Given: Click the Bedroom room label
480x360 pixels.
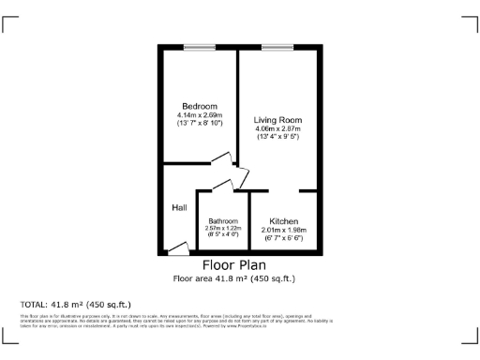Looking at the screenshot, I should point(200,106).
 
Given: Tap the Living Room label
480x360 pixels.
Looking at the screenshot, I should point(277,120).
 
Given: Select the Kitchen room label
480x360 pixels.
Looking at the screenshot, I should point(284,221).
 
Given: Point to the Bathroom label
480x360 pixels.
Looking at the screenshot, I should point(222,221).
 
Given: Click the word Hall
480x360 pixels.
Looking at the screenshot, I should point(179,207).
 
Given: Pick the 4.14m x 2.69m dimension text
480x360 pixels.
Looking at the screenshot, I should point(200,115).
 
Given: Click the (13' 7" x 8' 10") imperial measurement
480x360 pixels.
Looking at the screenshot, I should point(200,124).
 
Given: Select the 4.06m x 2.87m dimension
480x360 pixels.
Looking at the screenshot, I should point(277,129).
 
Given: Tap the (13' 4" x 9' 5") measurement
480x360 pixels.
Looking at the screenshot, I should point(277,138).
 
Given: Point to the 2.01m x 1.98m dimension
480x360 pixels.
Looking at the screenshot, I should point(284,231).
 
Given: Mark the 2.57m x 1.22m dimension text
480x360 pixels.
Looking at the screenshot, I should point(222,229).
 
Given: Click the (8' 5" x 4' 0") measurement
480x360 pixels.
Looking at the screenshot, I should point(222,236).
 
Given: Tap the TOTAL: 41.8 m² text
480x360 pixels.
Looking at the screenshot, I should point(75,305).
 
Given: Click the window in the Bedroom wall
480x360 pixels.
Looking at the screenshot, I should point(198,47).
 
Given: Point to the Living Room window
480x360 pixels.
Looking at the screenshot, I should point(276,47).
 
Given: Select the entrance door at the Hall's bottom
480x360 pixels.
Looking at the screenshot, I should point(177,249).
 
